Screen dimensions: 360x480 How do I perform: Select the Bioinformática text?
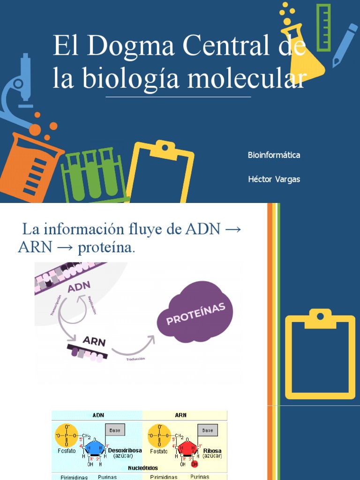274,155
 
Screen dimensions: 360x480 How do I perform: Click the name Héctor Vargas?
274,180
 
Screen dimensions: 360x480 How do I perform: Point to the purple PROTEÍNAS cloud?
195,314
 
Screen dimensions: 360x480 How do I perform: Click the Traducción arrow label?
135,359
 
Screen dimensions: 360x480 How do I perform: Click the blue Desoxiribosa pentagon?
95,448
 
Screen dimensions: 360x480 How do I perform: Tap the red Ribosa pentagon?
188,448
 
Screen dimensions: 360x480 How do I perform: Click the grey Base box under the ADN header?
115,430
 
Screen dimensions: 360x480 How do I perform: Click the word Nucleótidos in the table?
142,468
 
